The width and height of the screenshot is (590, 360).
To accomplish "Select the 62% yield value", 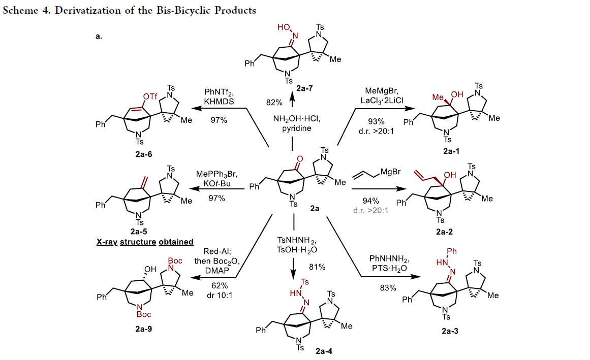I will tap(220, 285).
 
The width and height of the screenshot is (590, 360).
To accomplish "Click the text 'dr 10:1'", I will tap(220, 296).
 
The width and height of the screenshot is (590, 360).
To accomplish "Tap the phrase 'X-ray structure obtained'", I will tap(145, 242).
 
